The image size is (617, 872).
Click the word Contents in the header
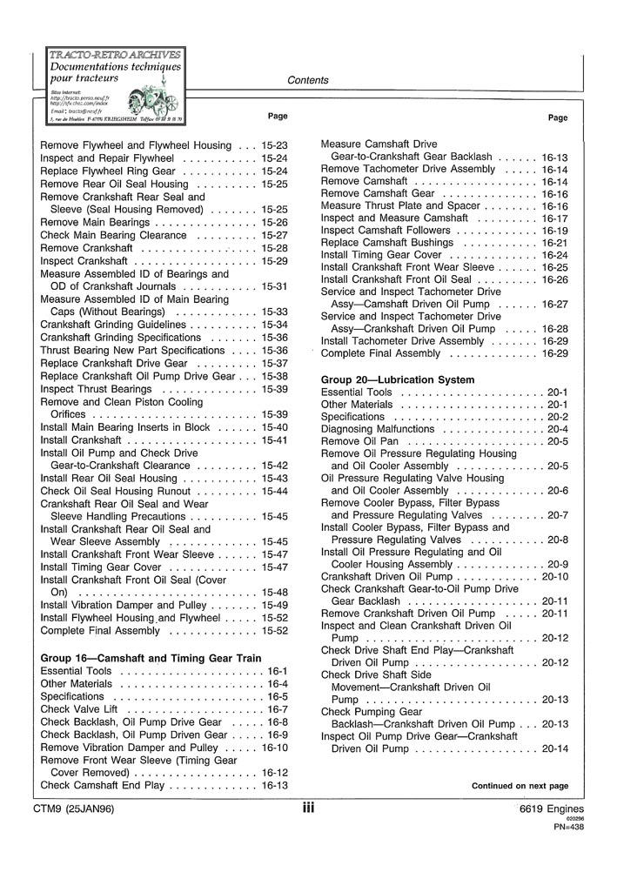point(307,81)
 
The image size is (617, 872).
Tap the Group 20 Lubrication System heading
point(398,380)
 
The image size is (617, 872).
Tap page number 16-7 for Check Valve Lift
point(277,709)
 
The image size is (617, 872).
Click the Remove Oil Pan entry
point(359,441)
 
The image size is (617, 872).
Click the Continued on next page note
point(520,786)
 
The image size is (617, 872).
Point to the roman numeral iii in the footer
point(308,808)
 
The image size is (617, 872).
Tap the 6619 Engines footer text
point(547,809)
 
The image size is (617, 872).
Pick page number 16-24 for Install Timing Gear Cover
point(554,255)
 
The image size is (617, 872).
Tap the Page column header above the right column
point(558,117)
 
